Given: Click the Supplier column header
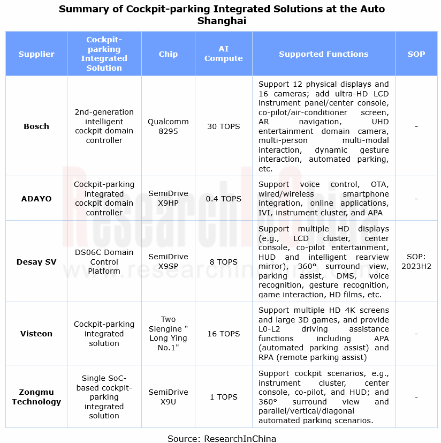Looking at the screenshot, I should point(36,54).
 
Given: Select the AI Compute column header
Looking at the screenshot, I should point(223,54).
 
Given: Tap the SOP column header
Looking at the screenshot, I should point(416,54).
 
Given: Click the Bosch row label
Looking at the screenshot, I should point(36,126).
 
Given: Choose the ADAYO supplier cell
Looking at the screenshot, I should point(36,199).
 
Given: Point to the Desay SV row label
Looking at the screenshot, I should point(36,262).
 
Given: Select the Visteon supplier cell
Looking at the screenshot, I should point(36,334).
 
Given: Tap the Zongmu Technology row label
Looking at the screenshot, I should point(36,397).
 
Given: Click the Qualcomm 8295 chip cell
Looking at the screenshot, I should point(168,126).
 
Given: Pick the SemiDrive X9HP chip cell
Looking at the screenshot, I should point(168,199).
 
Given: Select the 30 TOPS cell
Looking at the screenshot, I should point(223,126).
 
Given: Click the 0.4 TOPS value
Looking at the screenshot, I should point(223,199).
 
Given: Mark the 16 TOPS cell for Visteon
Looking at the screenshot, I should point(223,334).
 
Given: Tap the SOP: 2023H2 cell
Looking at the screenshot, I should point(416,262).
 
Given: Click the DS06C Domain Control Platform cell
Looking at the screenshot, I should point(104,262).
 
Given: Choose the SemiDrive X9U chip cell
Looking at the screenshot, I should point(168,397).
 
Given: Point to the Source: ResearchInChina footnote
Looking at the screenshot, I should point(222,439).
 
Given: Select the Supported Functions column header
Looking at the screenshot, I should point(323,54).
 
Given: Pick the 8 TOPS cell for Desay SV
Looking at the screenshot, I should point(223,262).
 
